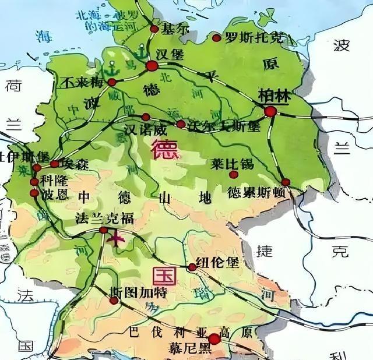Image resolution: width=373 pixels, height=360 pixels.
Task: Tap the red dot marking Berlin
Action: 270,111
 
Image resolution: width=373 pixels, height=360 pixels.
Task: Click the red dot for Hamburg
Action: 152,66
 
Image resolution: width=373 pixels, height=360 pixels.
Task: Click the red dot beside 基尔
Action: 154,28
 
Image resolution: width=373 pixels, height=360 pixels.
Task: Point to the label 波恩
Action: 56,195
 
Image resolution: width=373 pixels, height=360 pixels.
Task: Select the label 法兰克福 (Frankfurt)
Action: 105,218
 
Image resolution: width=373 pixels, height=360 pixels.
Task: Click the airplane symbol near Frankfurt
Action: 118,238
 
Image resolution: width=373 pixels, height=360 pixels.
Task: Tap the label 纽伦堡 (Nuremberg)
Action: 217,263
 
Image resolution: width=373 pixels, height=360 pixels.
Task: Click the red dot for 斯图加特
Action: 114,301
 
